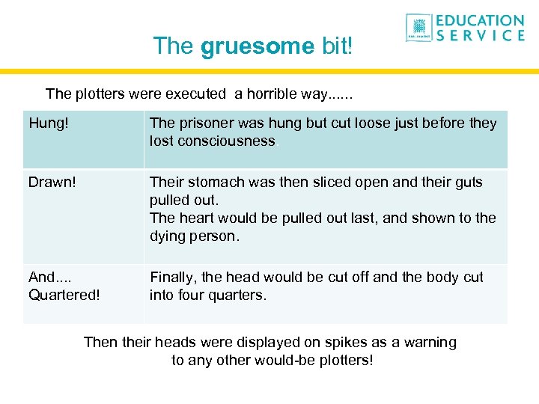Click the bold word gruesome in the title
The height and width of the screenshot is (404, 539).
pos(258,46)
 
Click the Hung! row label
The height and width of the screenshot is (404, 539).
pos(46,123)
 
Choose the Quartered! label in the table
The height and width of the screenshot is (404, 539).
pos(64,295)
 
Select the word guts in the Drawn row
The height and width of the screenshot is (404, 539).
pos(469,183)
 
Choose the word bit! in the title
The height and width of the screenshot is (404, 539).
pos(335,46)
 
